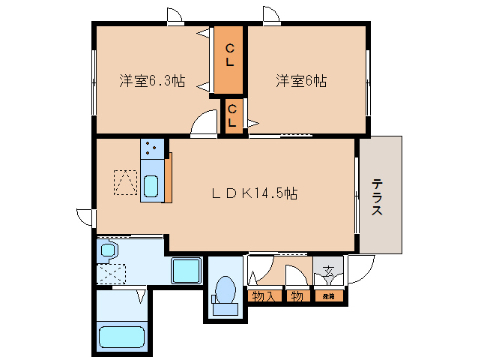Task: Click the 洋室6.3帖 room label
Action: tap(152, 81)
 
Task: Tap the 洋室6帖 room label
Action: tap(300, 81)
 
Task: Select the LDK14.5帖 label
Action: tap(254, 193)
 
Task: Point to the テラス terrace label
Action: tap(378, 196)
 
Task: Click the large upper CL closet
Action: tap(230, 59)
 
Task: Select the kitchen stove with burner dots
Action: tap(153, 148)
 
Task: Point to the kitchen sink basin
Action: tap(151, 184)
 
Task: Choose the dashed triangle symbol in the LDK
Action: tap(125, 181)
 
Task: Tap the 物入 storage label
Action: tap(263, 296)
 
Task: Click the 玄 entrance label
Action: tap(328, 272)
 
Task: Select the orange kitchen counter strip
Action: tap(169, 177)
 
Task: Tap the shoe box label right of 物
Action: tap(329, 296)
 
